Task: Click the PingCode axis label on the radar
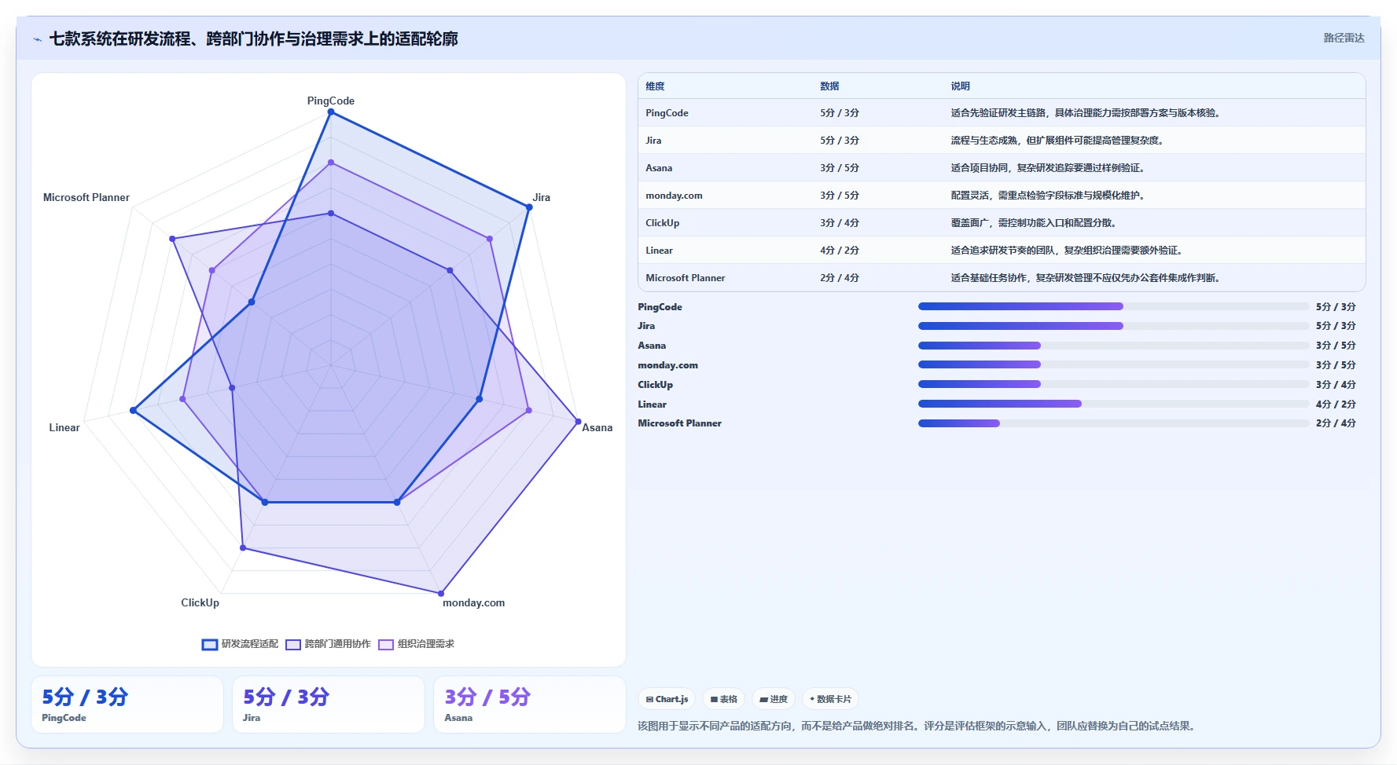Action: pos(330,101)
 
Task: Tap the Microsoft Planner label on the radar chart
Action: pos(86,197)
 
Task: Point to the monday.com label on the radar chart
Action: pos(473,602)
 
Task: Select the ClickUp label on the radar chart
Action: pos(200,602)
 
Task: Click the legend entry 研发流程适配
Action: pos(241,644)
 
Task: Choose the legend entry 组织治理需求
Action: pos(417,644)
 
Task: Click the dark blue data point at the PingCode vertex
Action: pos(331,112)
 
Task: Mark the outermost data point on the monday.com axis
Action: pos(441,593)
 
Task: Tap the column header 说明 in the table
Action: pos(960,86)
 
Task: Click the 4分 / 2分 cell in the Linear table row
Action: pos(840,251)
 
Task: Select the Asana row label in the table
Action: pos(659,168)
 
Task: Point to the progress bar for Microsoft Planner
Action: pos(1113,423)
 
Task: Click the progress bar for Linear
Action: pos(1113,404)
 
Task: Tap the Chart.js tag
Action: pos(667,699)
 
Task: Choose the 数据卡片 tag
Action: pos(830,699)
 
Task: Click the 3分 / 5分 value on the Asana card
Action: pos(487,697)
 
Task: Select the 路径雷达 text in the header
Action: pos(1344,38)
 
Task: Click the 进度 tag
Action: pos(774,699)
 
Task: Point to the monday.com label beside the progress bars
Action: pos(667,365)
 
